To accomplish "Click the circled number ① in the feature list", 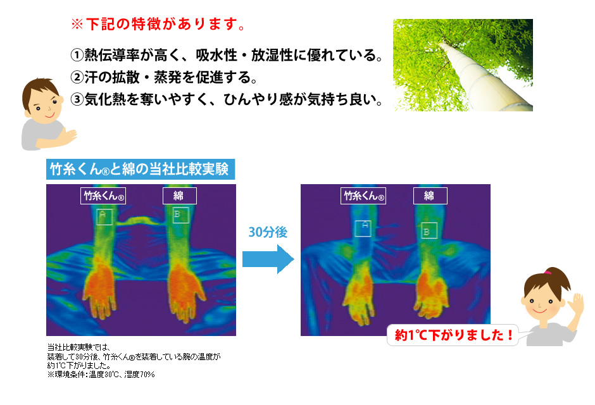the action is [x=77, y=55].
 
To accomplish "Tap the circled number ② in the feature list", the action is [x=77, y=77].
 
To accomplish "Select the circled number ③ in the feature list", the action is [x=77, y=99].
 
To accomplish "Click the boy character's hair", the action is [x=39, y=91].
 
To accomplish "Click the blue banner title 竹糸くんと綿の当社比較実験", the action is [x=140, y=169].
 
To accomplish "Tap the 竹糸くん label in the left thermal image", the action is [x=103, y=196].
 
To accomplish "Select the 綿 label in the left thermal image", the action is [x=180, y=196].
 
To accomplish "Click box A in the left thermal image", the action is [x=104, y=217].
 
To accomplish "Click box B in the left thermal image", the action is [x=180, y=215].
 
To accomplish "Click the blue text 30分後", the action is [x=268, y=232].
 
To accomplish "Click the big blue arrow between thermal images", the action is [x=268, y=259].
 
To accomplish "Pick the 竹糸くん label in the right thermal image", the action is [x=363, y=196].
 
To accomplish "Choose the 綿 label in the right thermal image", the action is [x=430, y=196].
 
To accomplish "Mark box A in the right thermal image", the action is [x=363, y=228].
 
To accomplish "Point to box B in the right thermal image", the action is [x=429, y=230].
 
